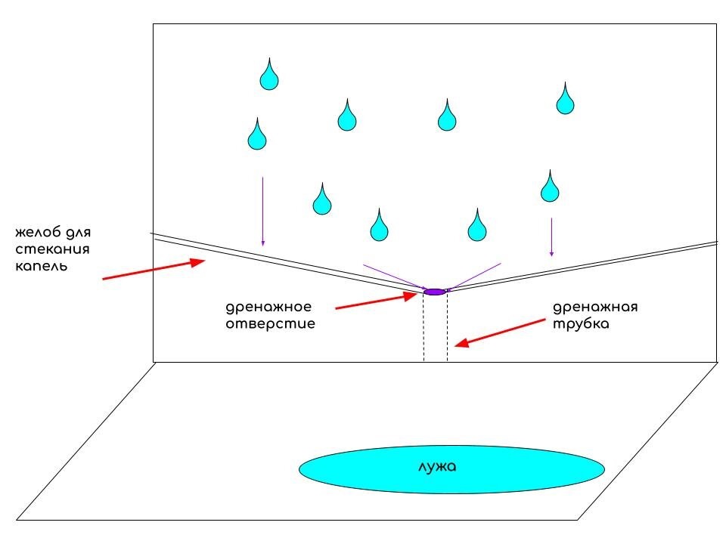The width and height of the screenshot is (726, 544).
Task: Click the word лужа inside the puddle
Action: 437,466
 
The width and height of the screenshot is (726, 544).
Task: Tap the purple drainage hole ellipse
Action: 434,292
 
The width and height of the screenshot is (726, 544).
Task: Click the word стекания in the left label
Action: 47,249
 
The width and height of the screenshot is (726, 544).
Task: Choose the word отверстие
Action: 270,324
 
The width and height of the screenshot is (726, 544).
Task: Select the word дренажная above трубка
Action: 596,307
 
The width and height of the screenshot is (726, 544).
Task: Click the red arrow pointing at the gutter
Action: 154,270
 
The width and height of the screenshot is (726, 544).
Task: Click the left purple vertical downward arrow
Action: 262,212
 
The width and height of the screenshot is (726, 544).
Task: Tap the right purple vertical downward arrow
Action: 551,237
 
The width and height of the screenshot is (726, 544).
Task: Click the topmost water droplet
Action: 268,74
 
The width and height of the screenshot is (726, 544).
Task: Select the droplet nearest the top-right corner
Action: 564,99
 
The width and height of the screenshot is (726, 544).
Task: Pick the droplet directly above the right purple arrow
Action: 551,187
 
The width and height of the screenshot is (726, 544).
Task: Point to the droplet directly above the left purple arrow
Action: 258,134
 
